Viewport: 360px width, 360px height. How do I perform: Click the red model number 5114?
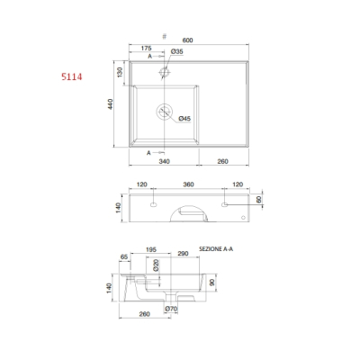[x=72, y=77]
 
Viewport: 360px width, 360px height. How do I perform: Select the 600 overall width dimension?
[x=187, y=40]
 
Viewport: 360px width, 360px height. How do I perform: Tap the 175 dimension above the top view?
[x=146, y=48]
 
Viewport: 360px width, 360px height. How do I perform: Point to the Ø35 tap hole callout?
[x=177, y=51]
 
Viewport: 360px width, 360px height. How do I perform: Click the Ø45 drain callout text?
[x=184, y=119]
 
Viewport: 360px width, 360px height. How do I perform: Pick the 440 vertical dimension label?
[x=111, y=104]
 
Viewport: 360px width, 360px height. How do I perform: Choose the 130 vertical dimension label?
[x=120, y=72]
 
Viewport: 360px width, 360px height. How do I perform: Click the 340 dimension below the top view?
[x=164, y=161]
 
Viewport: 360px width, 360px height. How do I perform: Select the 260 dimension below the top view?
[x=222, y=161]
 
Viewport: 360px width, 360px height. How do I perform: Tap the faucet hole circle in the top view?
[x=165, y=72]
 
